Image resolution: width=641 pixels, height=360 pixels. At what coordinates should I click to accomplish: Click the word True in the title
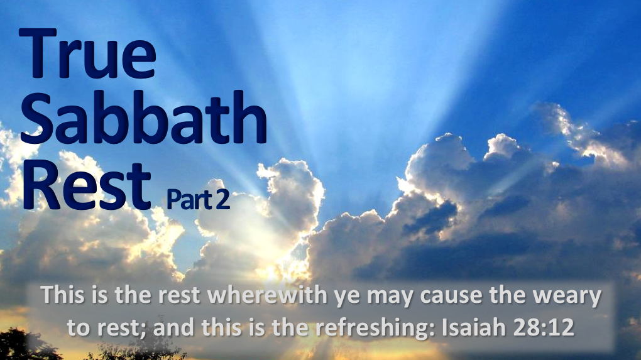pos(88,55)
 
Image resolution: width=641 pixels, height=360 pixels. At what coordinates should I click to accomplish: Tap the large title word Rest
pos(88,187)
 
